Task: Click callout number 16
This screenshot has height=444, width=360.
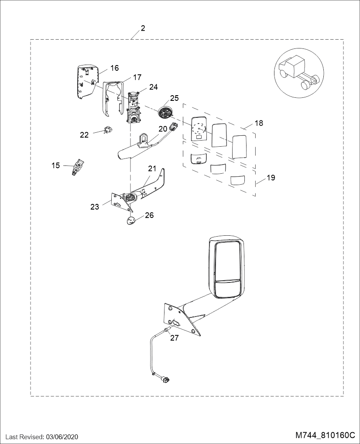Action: coord(115,68)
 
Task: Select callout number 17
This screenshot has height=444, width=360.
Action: coord(137,77)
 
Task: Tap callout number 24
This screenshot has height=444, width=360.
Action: coord(154,86)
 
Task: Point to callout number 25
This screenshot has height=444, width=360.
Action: coord(175,98)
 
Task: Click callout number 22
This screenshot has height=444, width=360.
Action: coord(84,135)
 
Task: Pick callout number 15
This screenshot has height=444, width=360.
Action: coord(56,165)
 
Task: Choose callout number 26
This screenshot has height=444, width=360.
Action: coord(149,215)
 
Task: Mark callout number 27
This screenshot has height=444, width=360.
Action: coord(175,337)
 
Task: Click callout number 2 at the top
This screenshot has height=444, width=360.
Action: coord(143,28)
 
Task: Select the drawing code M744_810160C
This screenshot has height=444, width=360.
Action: coord(325,435)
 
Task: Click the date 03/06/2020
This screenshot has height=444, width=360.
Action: coord(61,437)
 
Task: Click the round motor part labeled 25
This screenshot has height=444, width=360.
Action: coord(165,112)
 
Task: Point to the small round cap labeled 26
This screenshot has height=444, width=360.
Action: coord(130,220)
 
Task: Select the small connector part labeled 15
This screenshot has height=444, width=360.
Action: coord(79,167)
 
